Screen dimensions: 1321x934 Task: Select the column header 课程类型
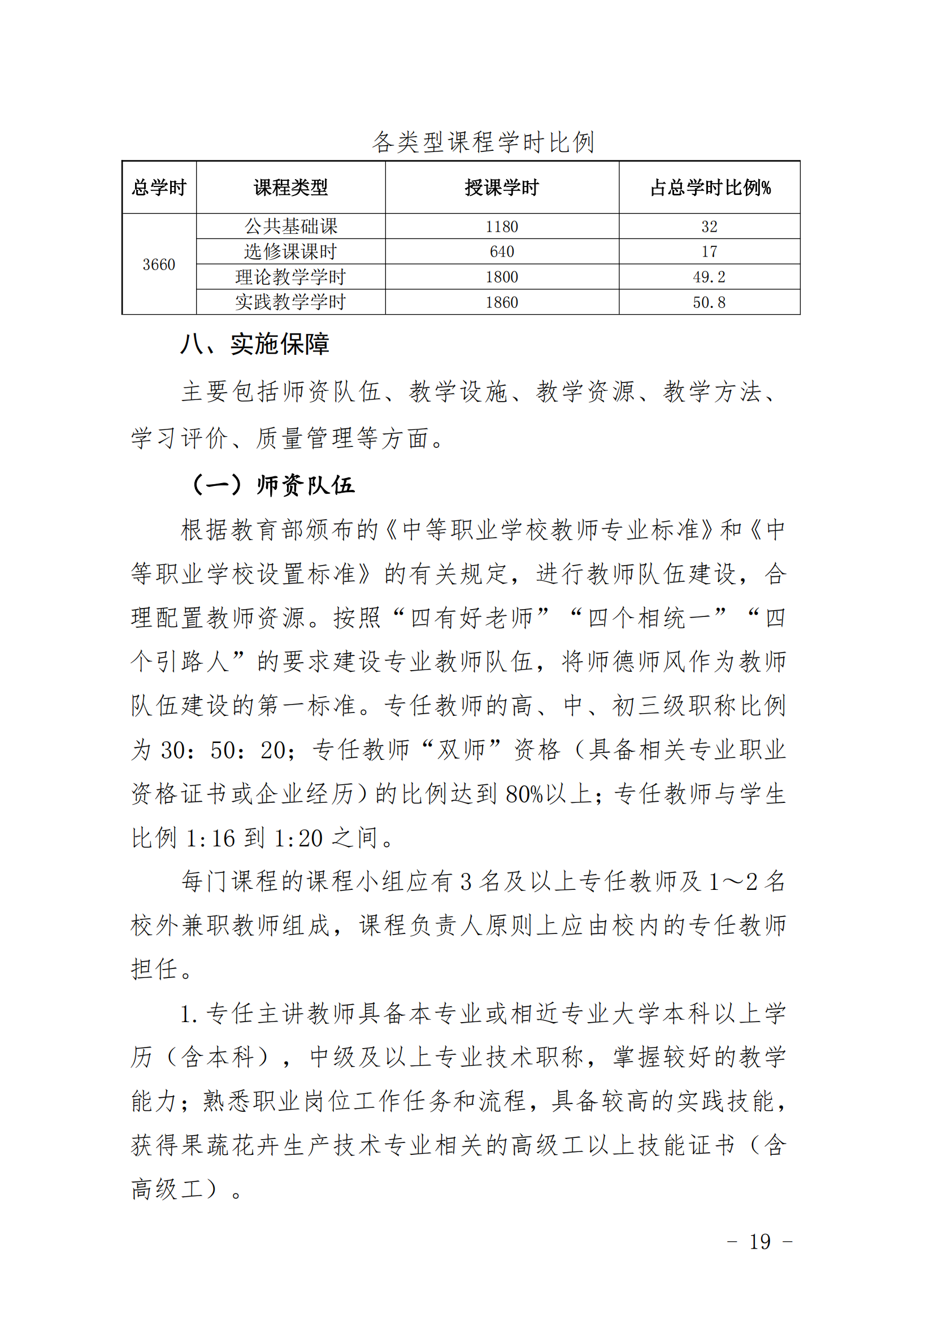click(x=290, y=188)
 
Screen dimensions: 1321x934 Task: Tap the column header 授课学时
click(x=501, y=188)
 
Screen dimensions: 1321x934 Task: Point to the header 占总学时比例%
click(x=710, y=188)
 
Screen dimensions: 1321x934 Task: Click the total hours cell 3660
click(x=159, y=264)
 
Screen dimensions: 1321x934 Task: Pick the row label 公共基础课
click(x=290, y=227)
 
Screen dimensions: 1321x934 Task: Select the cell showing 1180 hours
click(x=501, y=227)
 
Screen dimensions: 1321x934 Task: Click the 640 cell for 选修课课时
click(x=501, y=252)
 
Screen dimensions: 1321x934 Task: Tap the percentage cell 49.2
click(x=709, y=277)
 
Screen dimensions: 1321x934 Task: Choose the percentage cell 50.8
click(x=709, y=303)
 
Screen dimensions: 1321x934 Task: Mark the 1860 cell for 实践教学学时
click(x=501, y=303)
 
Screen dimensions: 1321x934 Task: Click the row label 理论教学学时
click(x=290, y=277)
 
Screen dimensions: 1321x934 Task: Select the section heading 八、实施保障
click(x=254, y=344)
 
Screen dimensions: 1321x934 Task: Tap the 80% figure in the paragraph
click(x=524, y=794)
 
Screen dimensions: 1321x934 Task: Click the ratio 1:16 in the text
click(x=210, y=839)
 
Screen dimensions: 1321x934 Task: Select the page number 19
click(x=759, y=1241)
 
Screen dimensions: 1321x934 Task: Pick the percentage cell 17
click(x=709, y=252)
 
